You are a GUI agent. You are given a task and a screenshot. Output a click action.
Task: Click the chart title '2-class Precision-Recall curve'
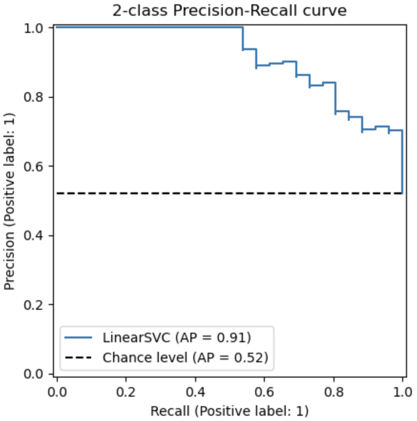coord(229,11)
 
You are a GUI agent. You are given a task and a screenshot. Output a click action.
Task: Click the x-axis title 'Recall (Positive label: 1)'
coord(229,410)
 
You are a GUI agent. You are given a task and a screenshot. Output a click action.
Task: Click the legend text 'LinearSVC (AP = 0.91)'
coord(177,337)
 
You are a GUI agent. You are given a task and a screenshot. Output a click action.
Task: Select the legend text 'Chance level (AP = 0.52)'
coord(185,357)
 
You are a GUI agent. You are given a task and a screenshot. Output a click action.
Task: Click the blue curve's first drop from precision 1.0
coord(243,38)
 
